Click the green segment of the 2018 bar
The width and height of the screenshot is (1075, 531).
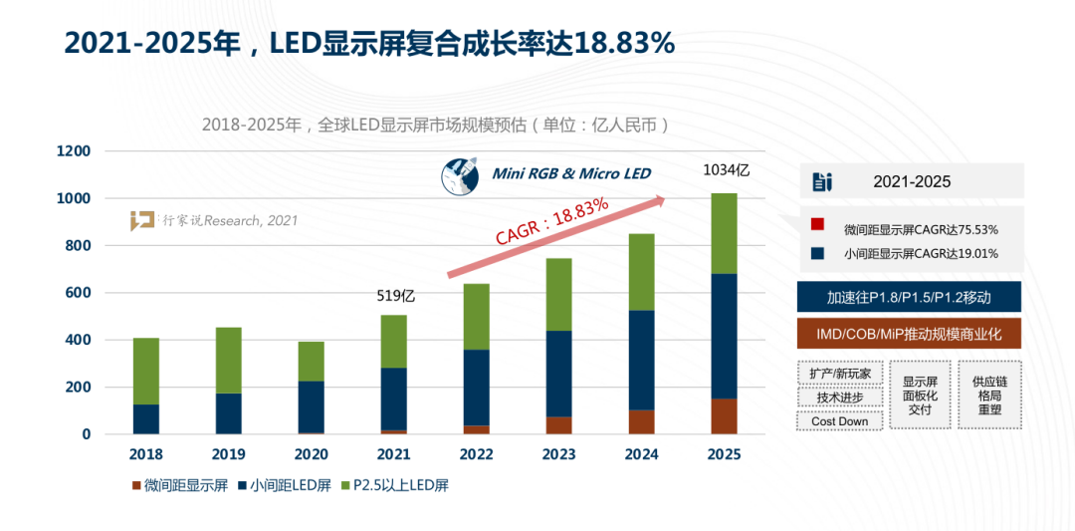146,371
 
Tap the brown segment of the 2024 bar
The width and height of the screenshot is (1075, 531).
641,421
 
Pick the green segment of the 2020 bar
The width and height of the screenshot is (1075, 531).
312,361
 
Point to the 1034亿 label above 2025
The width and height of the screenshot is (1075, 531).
726,170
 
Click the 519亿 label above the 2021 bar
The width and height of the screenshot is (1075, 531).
395,295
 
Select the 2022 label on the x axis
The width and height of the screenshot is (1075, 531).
478,455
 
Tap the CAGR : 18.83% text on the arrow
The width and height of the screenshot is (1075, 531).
552,221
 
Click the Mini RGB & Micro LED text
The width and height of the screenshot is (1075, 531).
571,174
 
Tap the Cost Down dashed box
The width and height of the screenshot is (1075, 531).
839,421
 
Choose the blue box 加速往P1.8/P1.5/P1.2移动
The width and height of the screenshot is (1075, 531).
909,297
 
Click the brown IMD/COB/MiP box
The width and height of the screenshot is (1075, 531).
909,333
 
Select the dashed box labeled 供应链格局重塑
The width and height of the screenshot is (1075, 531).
989,395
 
